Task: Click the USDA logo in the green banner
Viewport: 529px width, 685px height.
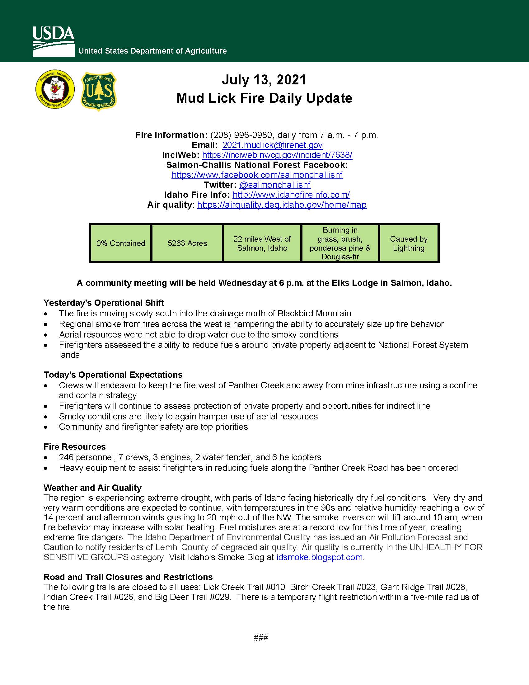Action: click(x=54, y=41)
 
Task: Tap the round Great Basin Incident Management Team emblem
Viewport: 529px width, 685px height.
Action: click(x=55, y=89)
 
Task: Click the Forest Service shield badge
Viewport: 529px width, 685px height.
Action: click(x=99, y=91)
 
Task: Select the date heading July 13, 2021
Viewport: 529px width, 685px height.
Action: click(x=264, y=80)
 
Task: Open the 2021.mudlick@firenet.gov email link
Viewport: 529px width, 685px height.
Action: click(x=272, y=145)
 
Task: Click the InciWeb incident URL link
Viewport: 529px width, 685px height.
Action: click(x=277, y=155)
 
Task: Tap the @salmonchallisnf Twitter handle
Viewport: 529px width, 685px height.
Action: click(x=274, y=185)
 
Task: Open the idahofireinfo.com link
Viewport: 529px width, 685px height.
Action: click(x=291, y=195)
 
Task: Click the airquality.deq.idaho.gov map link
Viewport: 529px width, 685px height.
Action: click(x=282, y=205)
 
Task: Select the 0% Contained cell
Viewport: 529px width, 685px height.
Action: click(x=121, y=243)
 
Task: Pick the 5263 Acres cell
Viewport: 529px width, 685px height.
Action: click(x=187, y=243)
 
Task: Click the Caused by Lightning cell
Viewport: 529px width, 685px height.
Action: click(x=408, y=243)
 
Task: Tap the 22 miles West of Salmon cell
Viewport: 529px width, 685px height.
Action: click(x=262, y=243)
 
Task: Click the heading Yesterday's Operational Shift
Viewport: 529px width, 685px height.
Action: click(x=104, y=303)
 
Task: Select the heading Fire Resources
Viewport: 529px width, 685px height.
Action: click(x=75, y=446)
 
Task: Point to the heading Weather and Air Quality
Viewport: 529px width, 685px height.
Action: click(x=92, y=488)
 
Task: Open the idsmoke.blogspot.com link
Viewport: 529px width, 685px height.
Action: click(x=319, y=557)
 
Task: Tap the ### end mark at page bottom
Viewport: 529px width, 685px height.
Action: click(x=261, y=638)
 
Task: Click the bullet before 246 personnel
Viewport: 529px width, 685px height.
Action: click(x=46, y=458)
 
